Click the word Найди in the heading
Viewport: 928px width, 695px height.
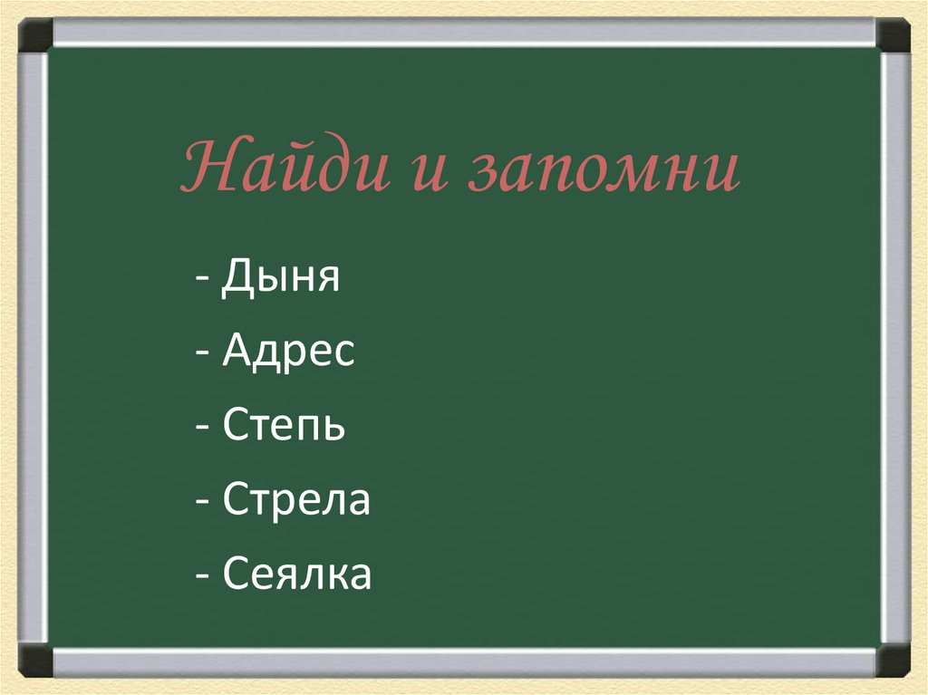(286, 169)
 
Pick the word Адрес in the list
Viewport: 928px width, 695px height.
(287, 352)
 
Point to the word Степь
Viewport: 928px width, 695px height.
(283, 426)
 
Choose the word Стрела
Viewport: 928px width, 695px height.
(295, 500)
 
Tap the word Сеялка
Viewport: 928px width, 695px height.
(296, 574)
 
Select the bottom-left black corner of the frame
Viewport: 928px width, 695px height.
(36, 660)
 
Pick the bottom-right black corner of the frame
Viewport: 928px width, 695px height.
(893, 660)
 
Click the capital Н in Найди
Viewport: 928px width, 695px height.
(206, 169)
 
